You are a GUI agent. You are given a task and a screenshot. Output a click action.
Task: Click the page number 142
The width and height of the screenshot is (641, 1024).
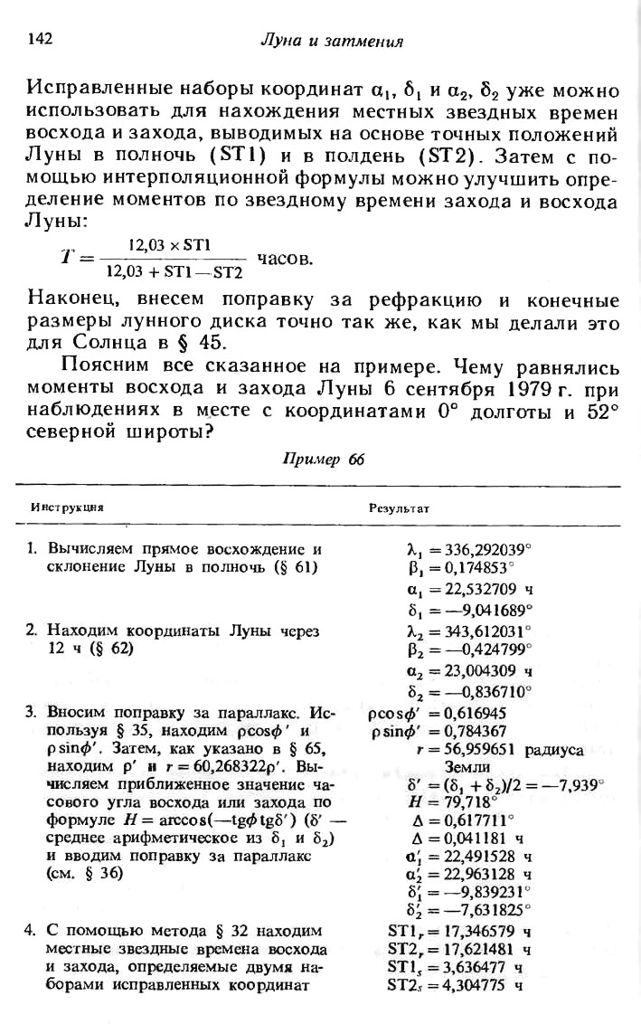point(42,39)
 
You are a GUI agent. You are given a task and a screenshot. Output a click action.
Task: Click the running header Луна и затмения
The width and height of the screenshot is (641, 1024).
point(331,41)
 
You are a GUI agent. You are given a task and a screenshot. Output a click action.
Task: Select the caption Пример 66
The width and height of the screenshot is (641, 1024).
point(324,459)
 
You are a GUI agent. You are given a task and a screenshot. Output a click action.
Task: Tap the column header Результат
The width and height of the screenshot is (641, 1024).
point(399,508)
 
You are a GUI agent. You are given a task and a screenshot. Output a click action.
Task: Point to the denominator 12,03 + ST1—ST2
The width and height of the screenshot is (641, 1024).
point(174,270)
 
